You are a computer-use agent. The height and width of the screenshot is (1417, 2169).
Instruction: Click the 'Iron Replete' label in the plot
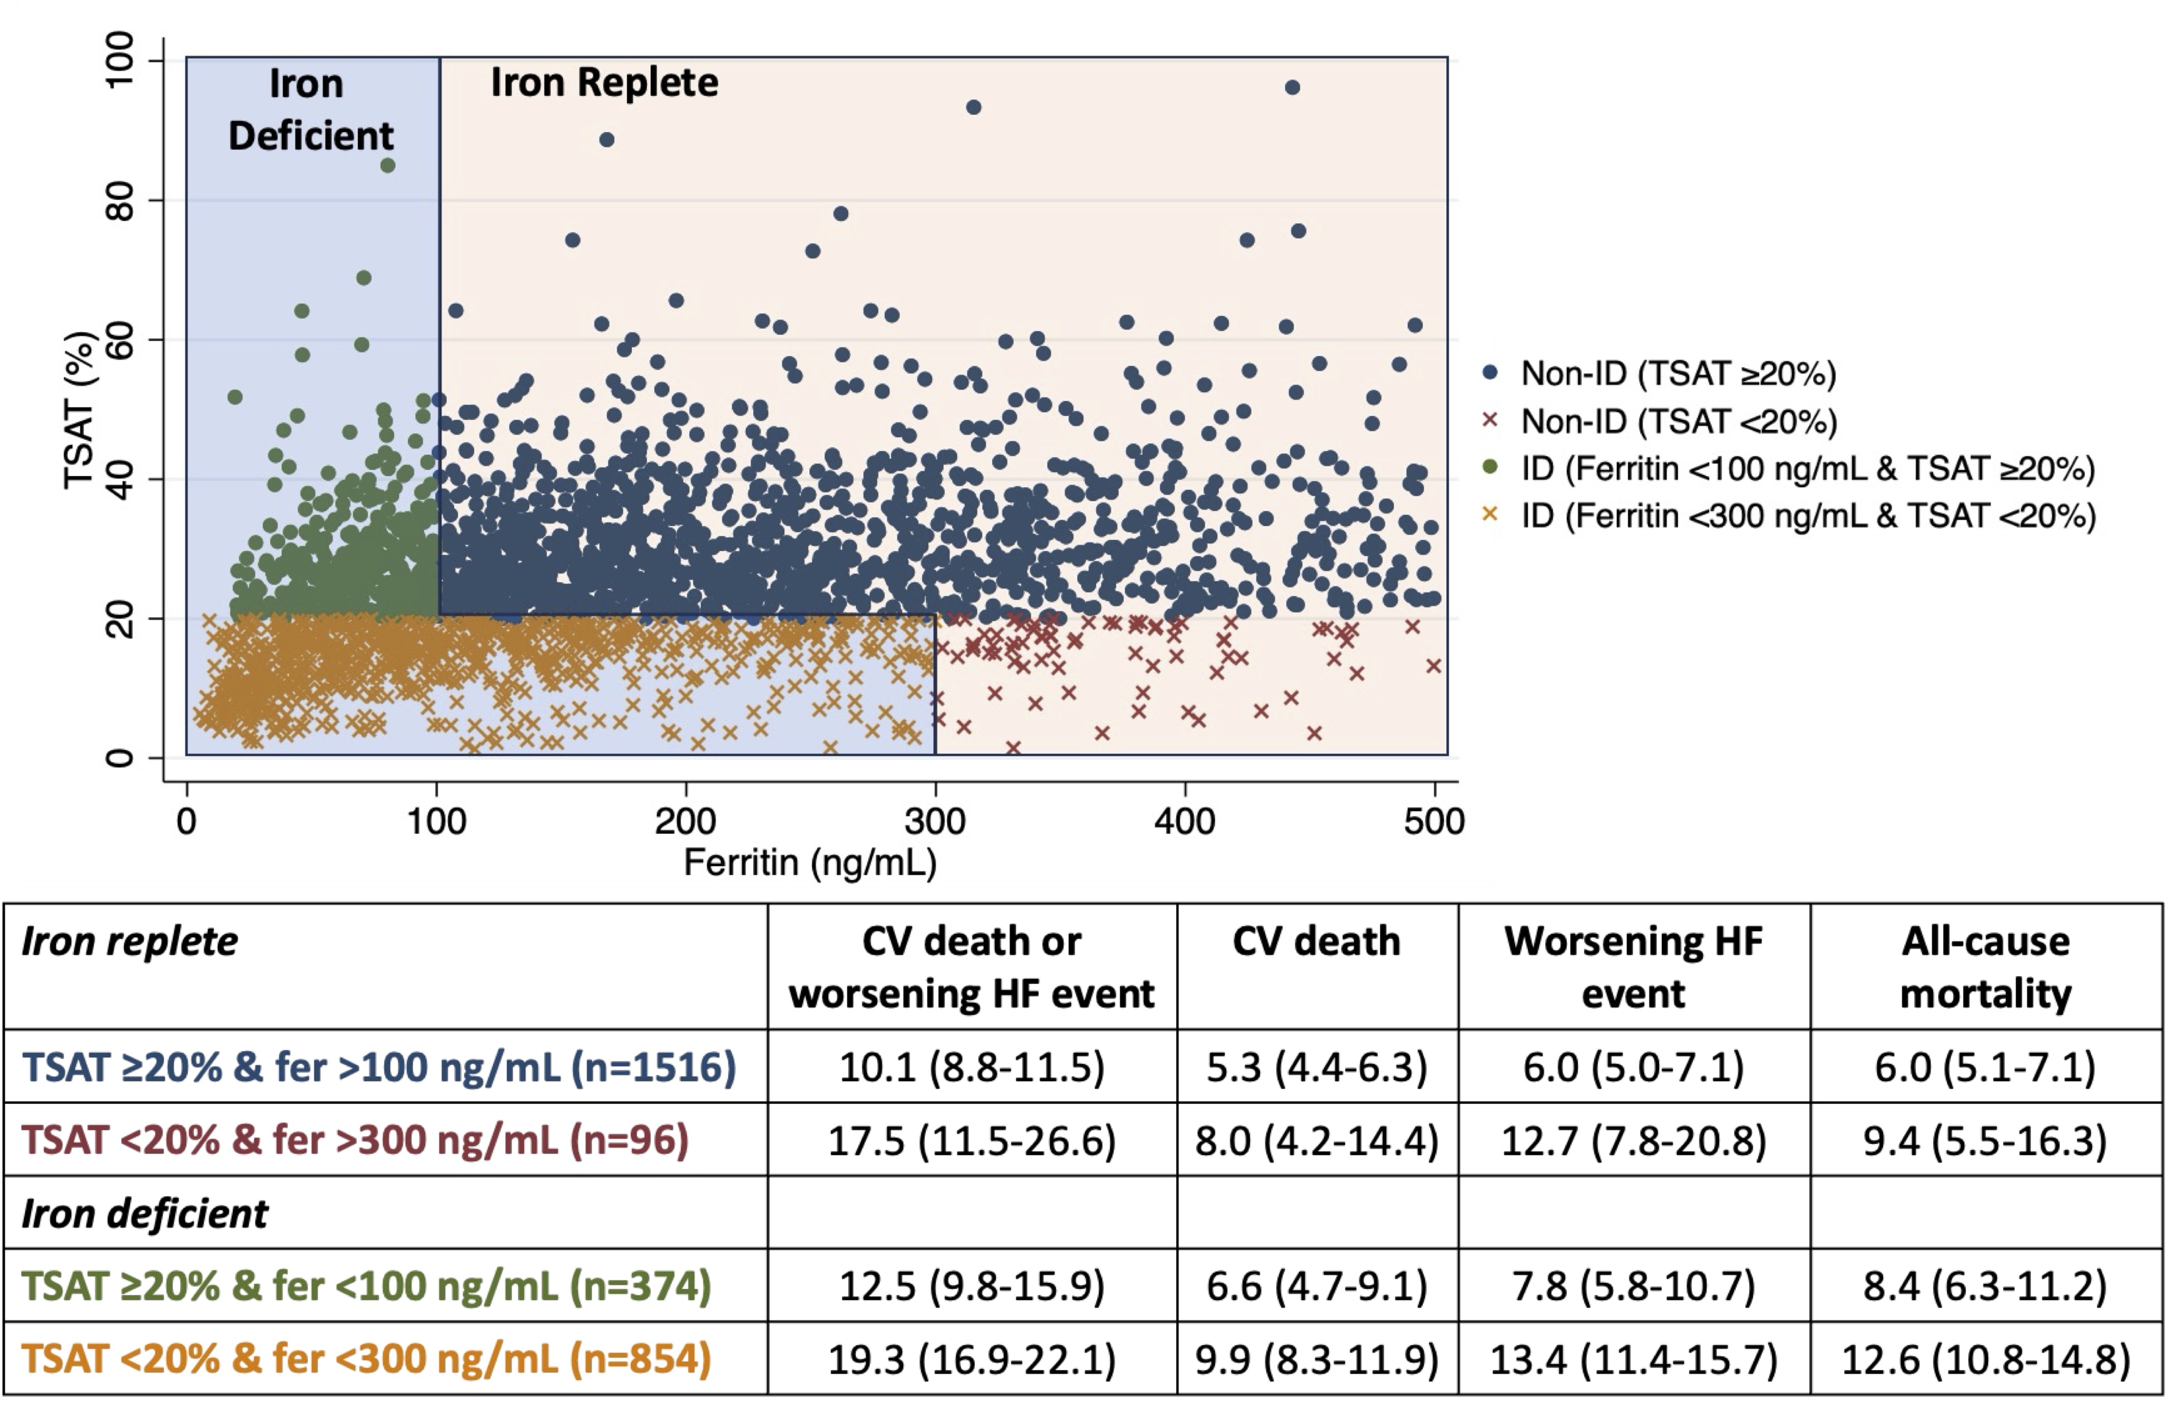(604, 83)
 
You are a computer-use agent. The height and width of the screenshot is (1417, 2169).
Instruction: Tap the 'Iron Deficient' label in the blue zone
(310, 110)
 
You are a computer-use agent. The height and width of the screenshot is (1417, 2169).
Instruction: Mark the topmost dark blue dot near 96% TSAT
(1291, 87)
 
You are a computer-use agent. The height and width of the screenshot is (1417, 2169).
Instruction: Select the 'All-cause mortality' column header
(1985, 967)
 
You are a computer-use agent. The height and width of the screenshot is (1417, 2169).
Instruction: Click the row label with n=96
(355, 1140)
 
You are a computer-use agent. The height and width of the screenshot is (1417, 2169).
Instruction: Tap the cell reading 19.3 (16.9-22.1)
(972, 1359)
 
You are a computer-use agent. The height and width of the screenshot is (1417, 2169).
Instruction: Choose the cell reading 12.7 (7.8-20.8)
(1633, 1140)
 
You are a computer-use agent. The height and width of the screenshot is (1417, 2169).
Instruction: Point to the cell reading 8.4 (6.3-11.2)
(1985, 1286)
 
